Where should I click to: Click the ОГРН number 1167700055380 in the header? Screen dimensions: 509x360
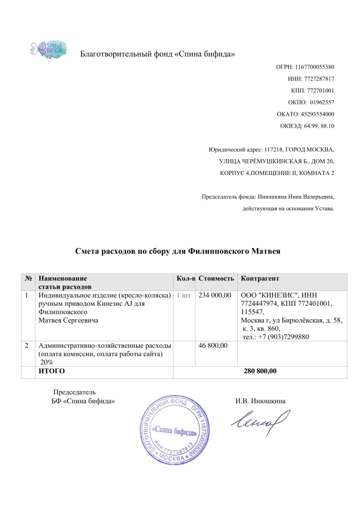coord(305,67)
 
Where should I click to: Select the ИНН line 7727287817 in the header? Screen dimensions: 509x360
coord(311,79)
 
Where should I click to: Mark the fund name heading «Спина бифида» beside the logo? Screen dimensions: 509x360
coord(158,54)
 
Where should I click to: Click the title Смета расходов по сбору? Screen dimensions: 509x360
coord(178,252)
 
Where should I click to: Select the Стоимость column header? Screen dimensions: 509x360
coord(216,279)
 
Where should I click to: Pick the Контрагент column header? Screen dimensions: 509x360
coord(260,279)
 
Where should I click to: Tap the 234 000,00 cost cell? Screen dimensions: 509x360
coord(215,295)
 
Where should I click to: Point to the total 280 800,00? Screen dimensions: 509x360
coord(260,371)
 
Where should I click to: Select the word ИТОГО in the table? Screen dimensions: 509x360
coord(52,371)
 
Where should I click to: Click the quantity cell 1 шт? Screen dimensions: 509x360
coord(184,295)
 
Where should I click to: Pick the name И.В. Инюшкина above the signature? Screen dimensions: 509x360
coord(260,401)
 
